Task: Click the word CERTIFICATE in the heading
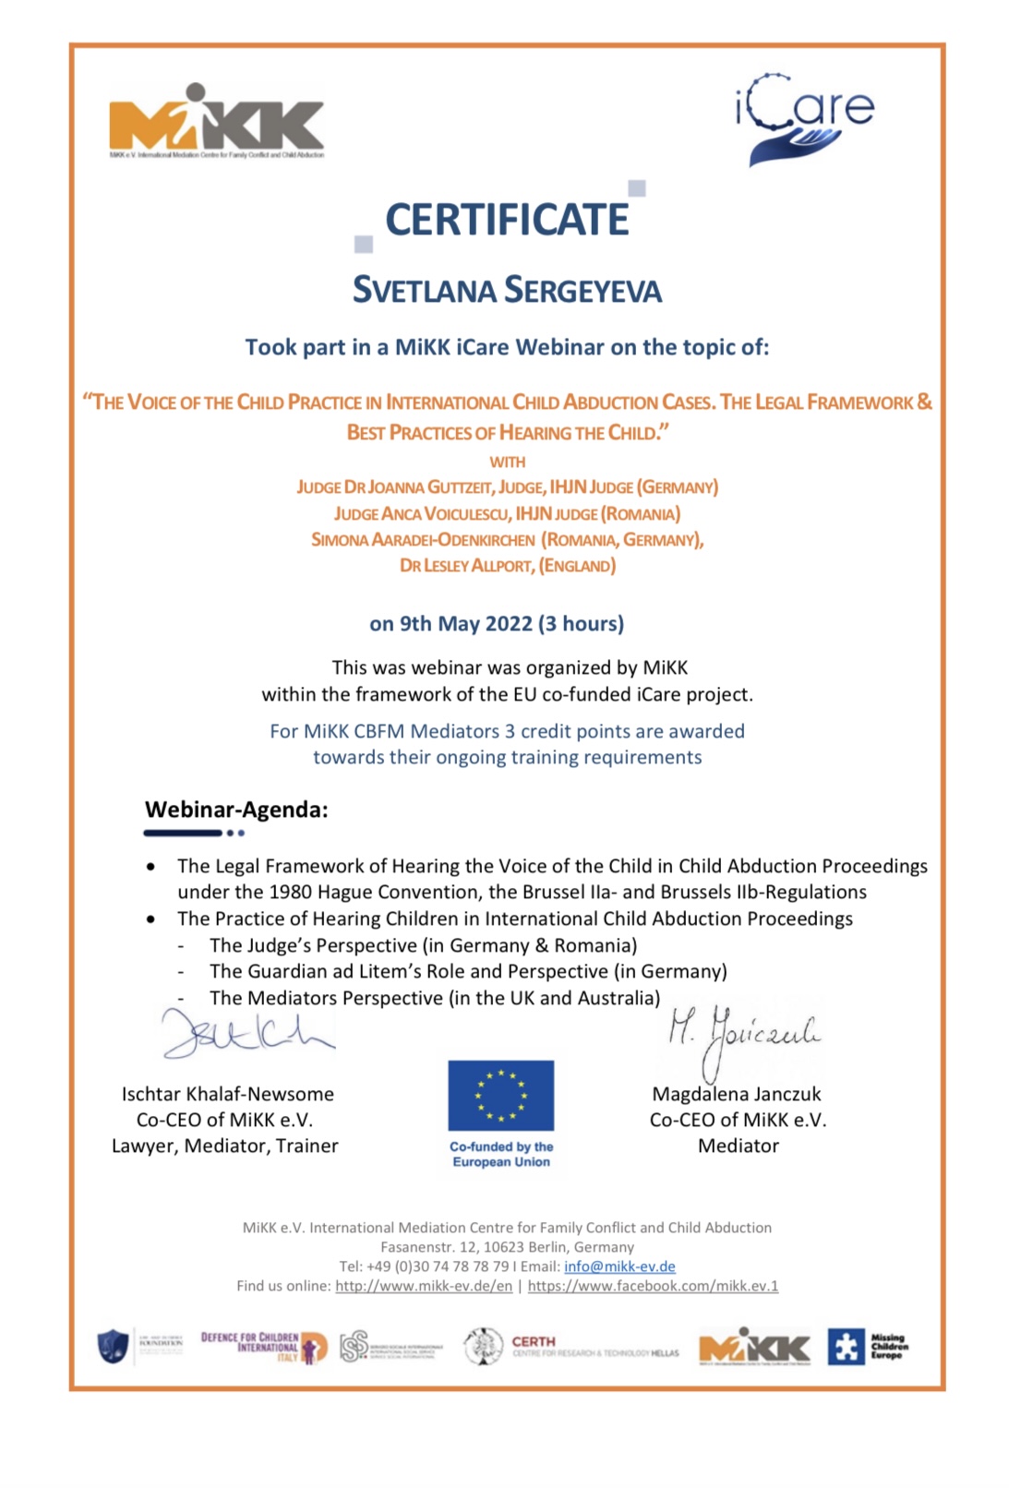507,220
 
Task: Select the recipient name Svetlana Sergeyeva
507,290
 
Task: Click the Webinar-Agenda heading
236,810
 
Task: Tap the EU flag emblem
500,1095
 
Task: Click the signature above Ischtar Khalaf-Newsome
246,1033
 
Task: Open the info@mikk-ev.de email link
619,1266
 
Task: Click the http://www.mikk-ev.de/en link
423,1286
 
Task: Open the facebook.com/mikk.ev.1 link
653,1286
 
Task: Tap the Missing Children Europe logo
868,1347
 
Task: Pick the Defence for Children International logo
264,1347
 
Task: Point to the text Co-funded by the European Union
501,1154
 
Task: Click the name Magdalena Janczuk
737,1094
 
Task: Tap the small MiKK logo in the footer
754,1349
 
